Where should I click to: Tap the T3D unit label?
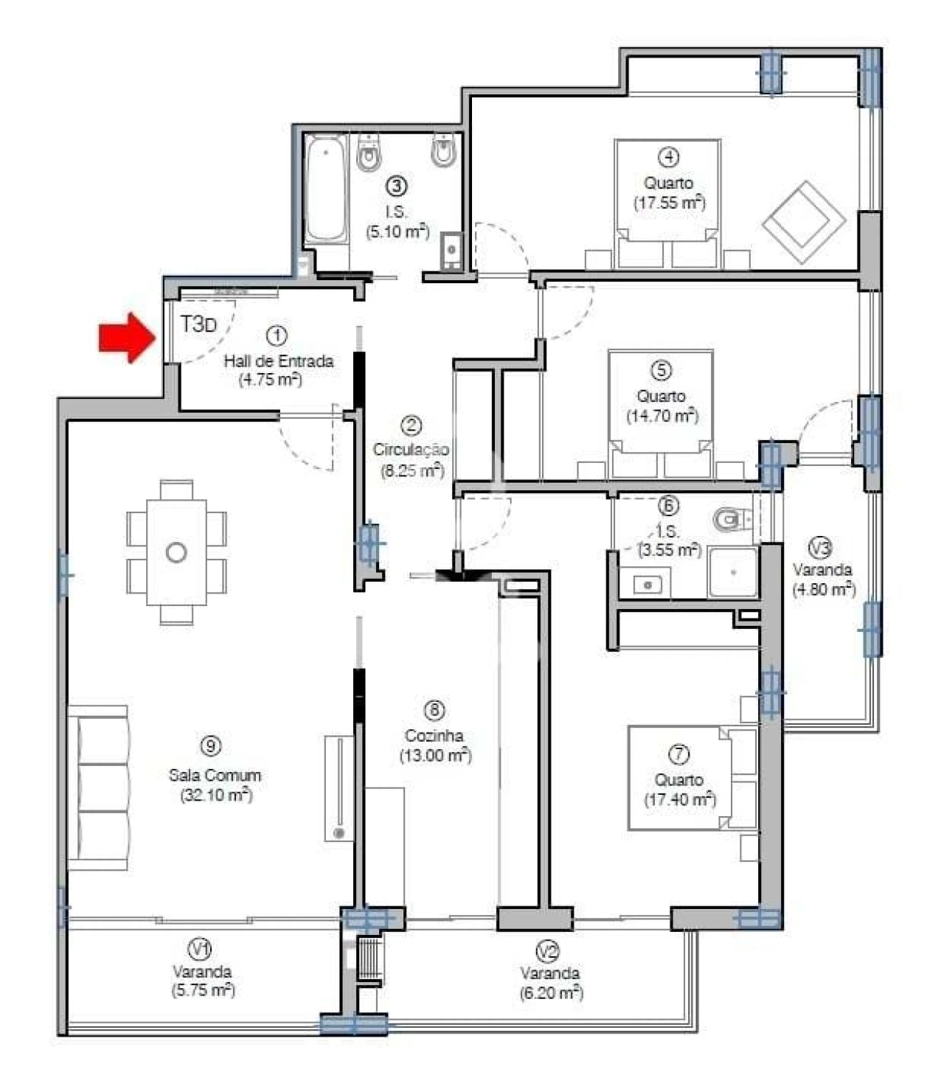[x=199, y=324]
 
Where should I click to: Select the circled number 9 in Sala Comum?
[x=212, y=746]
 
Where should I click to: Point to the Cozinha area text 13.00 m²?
[x=435, y=755]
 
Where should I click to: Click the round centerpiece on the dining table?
[x=176, y=552]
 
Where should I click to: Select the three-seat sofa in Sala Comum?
[x=99, y=787]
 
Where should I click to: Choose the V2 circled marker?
[x=547, y=952]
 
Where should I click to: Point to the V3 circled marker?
[x=821, y=548]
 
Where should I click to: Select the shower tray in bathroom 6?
[x=732, y=572]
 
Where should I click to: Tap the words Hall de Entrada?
[x=278, y=361]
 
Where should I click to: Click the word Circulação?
[x=410, y=449]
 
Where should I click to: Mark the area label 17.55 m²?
[x=669, y=202]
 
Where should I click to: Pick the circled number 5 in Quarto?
[x=661, y=369]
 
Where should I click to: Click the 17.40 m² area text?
[x=679, y=799]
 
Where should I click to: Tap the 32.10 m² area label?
[x=215, y=795]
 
